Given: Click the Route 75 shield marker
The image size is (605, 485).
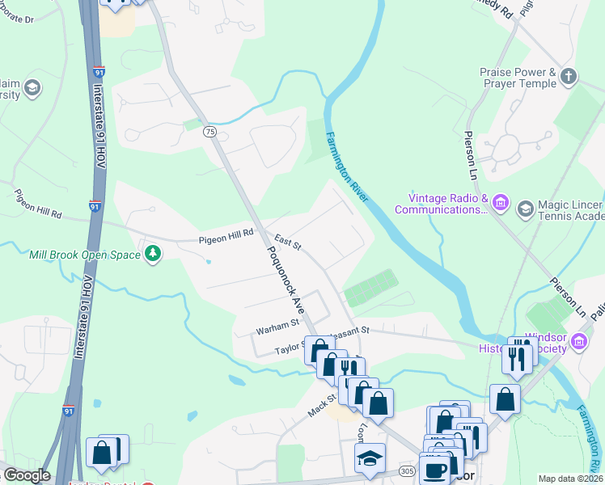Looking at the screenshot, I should [210, 132].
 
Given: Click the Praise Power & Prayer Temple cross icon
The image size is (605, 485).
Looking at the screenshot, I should [569, 78].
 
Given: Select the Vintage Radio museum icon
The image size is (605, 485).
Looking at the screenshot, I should [501, 202].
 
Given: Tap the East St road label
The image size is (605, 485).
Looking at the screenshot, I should [287, 241].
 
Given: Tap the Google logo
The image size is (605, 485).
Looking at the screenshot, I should [26, 475].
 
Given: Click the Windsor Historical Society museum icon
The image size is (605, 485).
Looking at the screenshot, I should [579, 342].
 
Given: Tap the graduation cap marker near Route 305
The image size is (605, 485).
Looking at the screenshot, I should [370, 458].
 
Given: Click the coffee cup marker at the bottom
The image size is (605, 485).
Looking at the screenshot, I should [434, 470].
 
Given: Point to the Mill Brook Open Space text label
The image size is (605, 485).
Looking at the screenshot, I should [85, 255].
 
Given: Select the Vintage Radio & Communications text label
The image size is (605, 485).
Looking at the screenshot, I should [442, 204].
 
